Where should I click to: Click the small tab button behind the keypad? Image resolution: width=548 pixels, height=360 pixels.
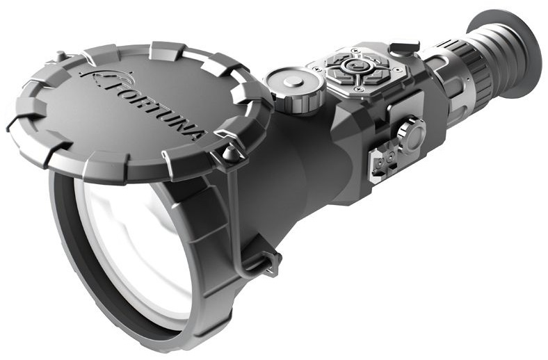(399, 49)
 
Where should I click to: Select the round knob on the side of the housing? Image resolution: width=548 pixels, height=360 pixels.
(411, 135)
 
